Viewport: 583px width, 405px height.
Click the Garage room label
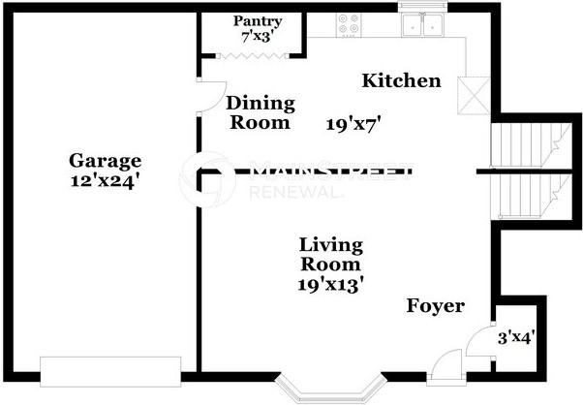pos(106,161)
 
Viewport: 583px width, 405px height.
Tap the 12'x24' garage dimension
pos(106,181)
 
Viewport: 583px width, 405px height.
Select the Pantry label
pos(258,21)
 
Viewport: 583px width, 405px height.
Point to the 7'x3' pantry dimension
pos(258,37)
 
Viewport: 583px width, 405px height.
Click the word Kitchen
pos(402,80)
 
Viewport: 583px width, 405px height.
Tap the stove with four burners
pos(349,24)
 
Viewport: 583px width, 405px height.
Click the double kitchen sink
pos(423,24)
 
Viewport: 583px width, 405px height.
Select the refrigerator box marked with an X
pos(474,96)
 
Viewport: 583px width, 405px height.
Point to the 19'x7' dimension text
pos(354,124)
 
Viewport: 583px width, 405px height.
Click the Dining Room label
pos(261,113)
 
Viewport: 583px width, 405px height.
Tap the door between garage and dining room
pos(212,96)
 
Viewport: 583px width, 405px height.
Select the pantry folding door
pos(253,56)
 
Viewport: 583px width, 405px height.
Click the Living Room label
pos(331,255)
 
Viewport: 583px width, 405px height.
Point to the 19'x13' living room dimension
pos(330,285)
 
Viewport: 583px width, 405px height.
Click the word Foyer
pos(436,306)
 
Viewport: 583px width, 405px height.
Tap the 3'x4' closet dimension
pos(516,338)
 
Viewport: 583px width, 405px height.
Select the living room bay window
pos(331,389)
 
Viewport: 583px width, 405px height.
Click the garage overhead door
pos(110,372)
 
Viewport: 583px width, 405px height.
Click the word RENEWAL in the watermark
pos(295,192)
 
